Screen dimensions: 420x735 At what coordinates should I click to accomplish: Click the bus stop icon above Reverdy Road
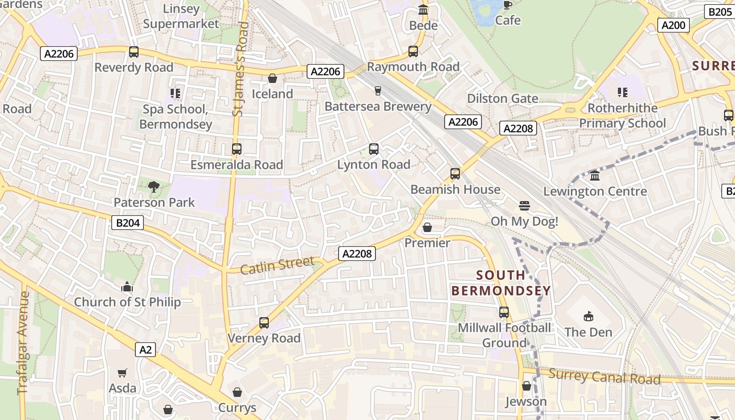pos(134,52)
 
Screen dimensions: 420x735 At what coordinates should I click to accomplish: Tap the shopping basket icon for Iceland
pos(272,79)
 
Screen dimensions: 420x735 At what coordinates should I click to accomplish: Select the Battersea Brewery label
pos(377,107)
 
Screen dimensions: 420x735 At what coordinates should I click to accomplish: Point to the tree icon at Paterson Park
pos(154,186)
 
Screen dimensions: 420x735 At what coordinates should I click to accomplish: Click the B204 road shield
pos(128,223)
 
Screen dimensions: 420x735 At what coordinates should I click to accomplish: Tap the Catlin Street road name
pos(277,265)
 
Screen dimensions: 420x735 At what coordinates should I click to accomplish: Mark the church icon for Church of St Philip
pos(127,287)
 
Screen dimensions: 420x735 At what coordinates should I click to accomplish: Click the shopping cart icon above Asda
pos(122,373)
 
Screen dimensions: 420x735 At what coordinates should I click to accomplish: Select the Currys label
pos(237,408)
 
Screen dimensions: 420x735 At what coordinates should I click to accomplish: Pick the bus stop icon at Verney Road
pos(264,323)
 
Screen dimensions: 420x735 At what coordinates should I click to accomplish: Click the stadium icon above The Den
pos(588,317)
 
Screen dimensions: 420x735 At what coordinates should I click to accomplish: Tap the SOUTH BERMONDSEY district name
pos(501,282)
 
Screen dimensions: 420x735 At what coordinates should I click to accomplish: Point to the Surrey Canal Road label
pos(604,376)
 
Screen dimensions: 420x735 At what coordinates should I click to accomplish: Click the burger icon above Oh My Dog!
pos(524,205)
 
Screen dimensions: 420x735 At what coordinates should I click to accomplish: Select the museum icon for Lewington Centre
pos(595,176)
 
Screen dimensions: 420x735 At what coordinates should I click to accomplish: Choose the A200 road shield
pos(674,25)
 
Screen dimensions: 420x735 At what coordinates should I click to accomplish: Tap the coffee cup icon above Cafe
pos(507,5)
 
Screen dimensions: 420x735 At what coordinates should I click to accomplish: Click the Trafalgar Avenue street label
pos(23,343)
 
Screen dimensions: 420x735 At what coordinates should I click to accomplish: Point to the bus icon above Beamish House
pos(455,174)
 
